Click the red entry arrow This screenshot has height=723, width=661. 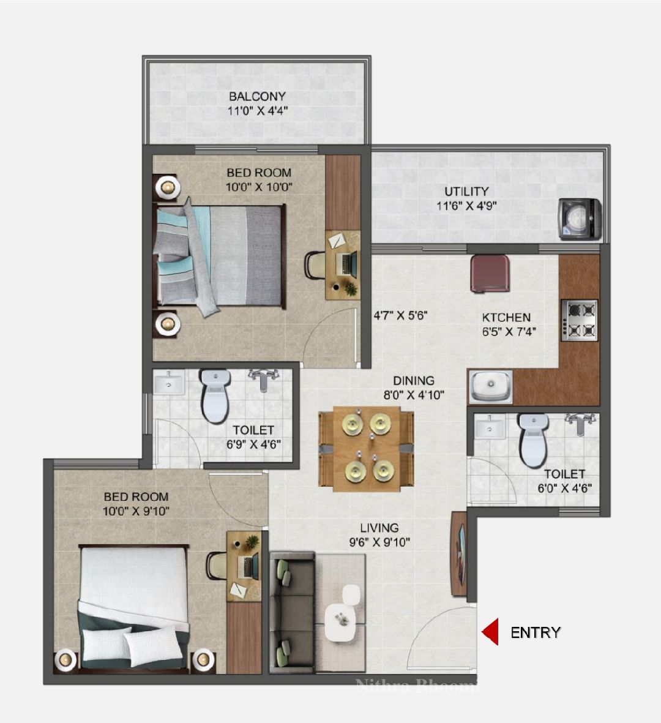pyautogui.click(x=490, y=632)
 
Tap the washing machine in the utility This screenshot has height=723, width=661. pyautogui.click(x=580, y=219)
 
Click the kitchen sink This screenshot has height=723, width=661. pyautogui.click(x=491, y=386)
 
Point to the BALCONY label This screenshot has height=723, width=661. pyautogui.click(x=257, y=96)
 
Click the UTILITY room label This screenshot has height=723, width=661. pyautogui.click(x=466, y=192)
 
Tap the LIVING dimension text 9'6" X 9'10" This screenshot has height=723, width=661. pyautogui.click(x=379, y=542)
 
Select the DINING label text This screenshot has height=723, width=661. pyautogui.click(x=414, y=381)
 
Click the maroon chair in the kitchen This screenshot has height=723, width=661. pyautogui.click(x=490, y=274)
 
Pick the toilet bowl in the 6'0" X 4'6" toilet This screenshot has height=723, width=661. pyautogui.click(x=533, y=440)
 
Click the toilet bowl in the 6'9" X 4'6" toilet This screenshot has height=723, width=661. pyautogui.click(x=215, y=395)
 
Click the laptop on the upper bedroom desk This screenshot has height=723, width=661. pyautogui.click(x=348, y=263)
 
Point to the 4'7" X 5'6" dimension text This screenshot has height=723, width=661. pyautogui.click(x=400, y=316)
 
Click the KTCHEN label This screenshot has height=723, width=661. pyautogui.click(x=506, y=317)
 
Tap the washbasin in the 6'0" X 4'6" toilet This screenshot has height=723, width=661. pyautogui.click(x=490, y=427)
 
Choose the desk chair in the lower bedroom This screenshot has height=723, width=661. pyautogui.click(x=216, y=565)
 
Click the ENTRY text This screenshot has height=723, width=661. pyautogui.click(x=535, y=632)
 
